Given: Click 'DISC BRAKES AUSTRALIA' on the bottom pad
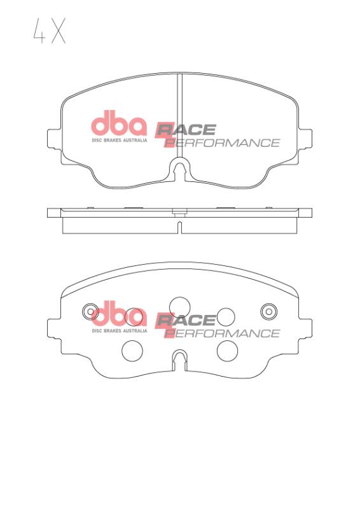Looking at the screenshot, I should tap(120, 331).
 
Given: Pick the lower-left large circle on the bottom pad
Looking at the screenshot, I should tap(132, 350).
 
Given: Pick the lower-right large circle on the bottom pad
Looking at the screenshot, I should tap(226, 350).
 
